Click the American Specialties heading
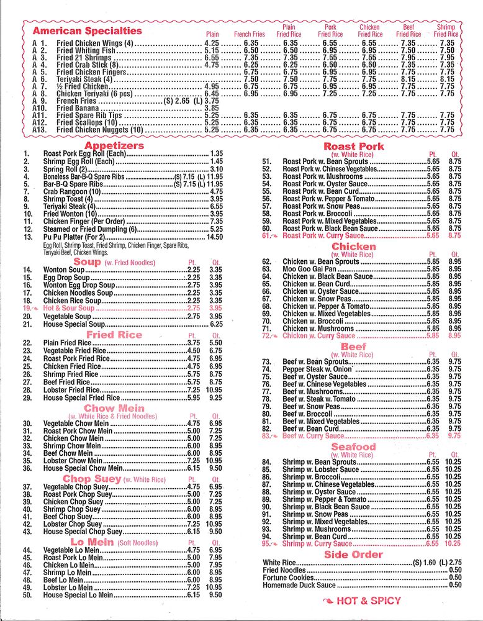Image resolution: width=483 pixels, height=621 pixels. coord(87,30)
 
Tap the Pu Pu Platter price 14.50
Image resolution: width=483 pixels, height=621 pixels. coord(214,237)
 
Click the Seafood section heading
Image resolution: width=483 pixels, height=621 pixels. coord(353,447)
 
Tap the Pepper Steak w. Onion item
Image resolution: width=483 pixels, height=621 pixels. coord(317,369)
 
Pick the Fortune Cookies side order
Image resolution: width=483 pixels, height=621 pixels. coord(289,578)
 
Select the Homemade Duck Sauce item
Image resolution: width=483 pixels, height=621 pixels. coord(300,585)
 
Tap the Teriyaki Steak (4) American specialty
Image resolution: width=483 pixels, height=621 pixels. coord(85,79)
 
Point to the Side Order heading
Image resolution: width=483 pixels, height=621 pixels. coord(353,555)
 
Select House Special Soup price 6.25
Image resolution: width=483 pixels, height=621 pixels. coord(216,324)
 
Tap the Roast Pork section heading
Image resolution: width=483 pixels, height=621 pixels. coord(353,147)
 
